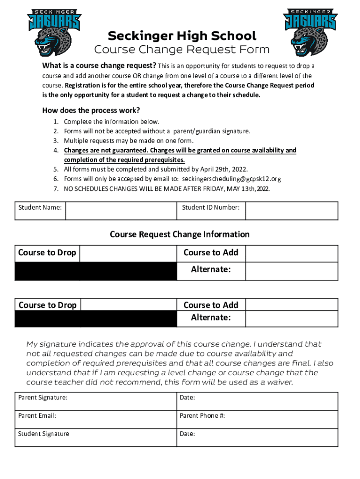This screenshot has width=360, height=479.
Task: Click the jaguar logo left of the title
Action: click(54, 32)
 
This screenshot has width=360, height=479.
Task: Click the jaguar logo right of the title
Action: click(310, 32)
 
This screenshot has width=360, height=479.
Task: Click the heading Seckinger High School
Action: click(182, 36)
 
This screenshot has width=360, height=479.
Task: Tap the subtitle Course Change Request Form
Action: click(182, 50)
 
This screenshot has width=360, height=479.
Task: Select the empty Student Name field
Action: click(121, 211)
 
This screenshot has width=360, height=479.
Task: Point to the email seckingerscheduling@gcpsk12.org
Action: click(231, 179)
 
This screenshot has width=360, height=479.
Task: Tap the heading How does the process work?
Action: click(91, 111)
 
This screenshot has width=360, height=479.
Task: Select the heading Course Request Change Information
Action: click(180, 234)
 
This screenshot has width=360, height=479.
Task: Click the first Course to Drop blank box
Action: click(128, 253)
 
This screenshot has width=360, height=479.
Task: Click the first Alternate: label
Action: click(211, 270)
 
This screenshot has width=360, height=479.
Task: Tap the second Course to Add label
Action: click(211, 305)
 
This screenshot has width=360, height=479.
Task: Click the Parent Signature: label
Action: click(43, 398)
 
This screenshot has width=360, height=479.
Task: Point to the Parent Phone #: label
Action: click(202, 415)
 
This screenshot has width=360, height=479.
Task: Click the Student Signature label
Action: click(43, 434)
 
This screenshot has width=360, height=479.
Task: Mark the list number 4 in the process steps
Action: click(55, 151)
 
